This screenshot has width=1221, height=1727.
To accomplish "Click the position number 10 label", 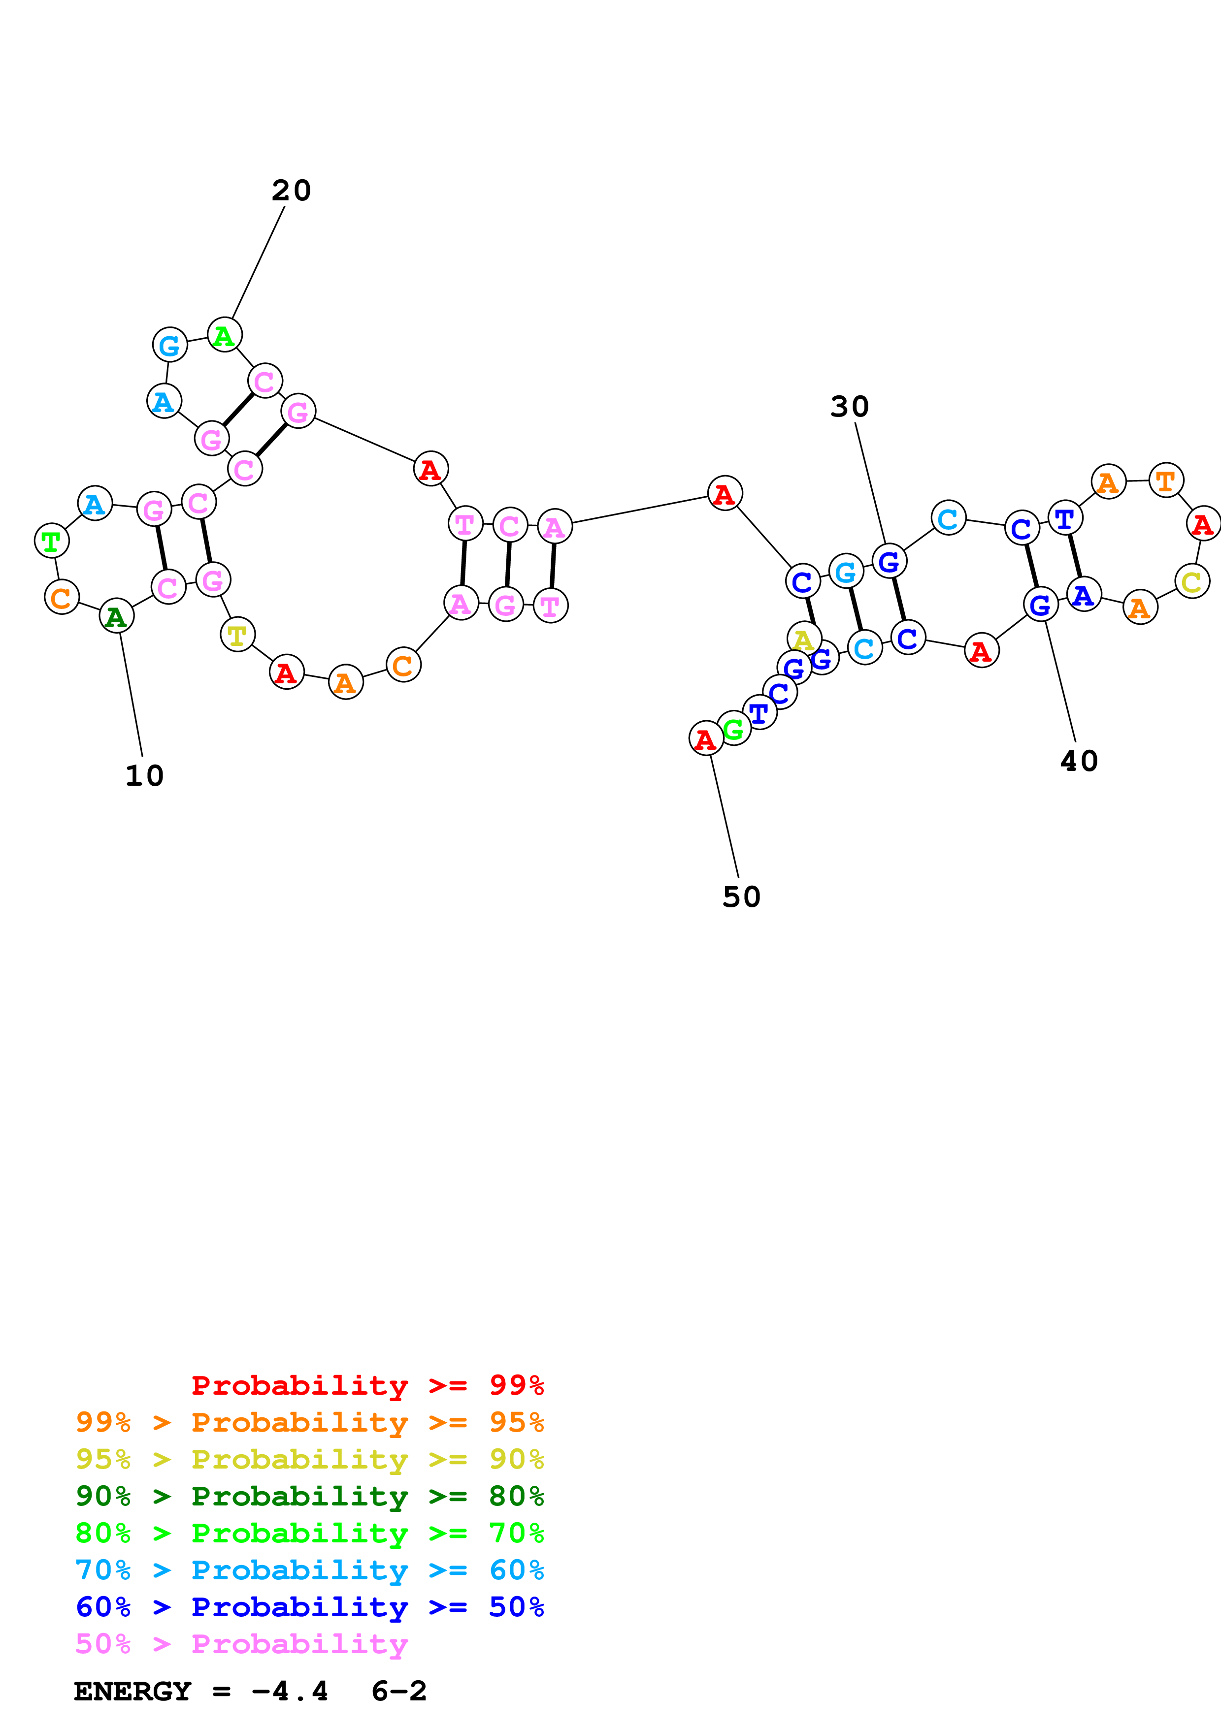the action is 144,775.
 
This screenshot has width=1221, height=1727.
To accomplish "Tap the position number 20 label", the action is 291,191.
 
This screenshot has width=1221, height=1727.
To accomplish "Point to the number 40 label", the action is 1079,761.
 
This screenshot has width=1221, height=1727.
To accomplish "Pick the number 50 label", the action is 741,896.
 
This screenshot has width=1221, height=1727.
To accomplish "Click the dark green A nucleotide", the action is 117,617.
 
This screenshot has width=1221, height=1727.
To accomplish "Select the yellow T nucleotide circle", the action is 237,635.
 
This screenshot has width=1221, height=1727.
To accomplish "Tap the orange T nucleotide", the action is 1165,480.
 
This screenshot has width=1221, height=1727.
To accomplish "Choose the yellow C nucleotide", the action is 1191,581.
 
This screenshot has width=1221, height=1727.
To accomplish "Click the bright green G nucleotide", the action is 733,727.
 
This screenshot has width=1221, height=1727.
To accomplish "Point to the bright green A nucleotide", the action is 224,335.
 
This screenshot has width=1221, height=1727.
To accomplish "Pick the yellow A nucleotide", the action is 803,639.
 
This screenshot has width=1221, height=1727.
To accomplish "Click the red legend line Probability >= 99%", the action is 368,1385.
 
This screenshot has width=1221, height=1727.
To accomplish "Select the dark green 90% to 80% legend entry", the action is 310,1496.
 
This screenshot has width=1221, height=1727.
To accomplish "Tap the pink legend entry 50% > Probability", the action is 241,1643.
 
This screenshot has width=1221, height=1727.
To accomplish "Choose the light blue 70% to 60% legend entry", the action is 310,1570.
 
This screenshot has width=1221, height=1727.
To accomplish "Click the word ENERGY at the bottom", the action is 132,1691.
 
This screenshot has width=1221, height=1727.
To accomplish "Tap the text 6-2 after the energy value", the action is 399,1691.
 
